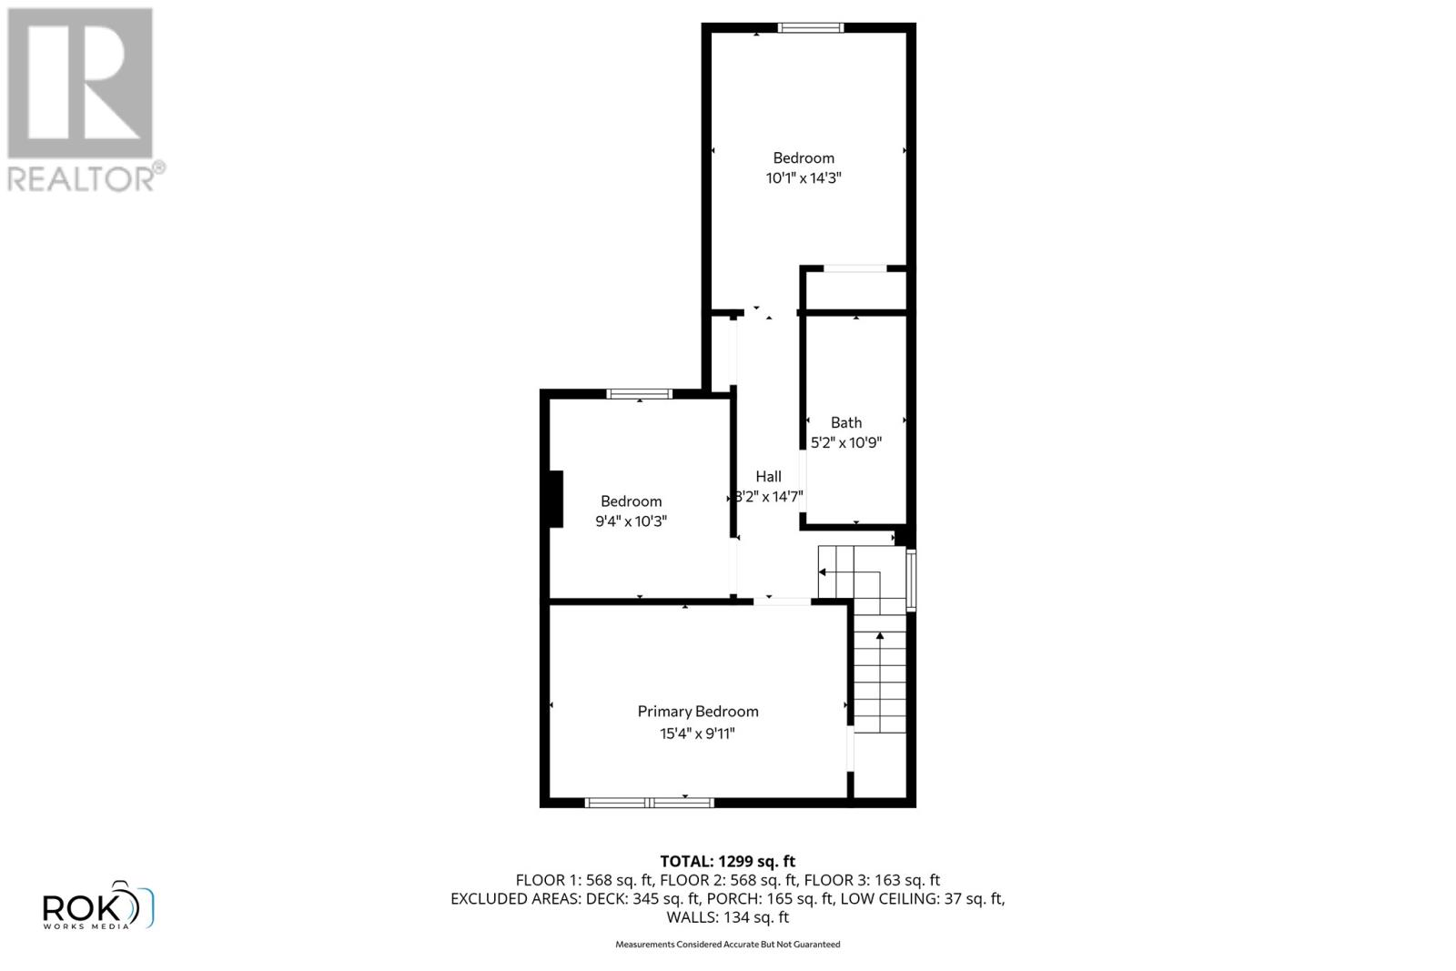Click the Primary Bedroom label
coord(697,712)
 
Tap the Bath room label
coord(846,422)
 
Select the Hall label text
coord(768,476)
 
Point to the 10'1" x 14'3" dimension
coord(803,178)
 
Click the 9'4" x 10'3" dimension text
coord(631,521)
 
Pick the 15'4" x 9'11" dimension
coord(697,733)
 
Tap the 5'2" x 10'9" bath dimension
coord(846,443)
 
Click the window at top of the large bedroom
coord(811,28)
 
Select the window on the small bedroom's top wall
coord(640,394)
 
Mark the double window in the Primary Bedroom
coord(649,803)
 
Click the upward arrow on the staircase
coord(879,637)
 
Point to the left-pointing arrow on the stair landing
coord(822,572)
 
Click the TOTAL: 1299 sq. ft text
coord(727,861)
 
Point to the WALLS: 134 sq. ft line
coord(727,917)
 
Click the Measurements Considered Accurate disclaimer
coord(727,945)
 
